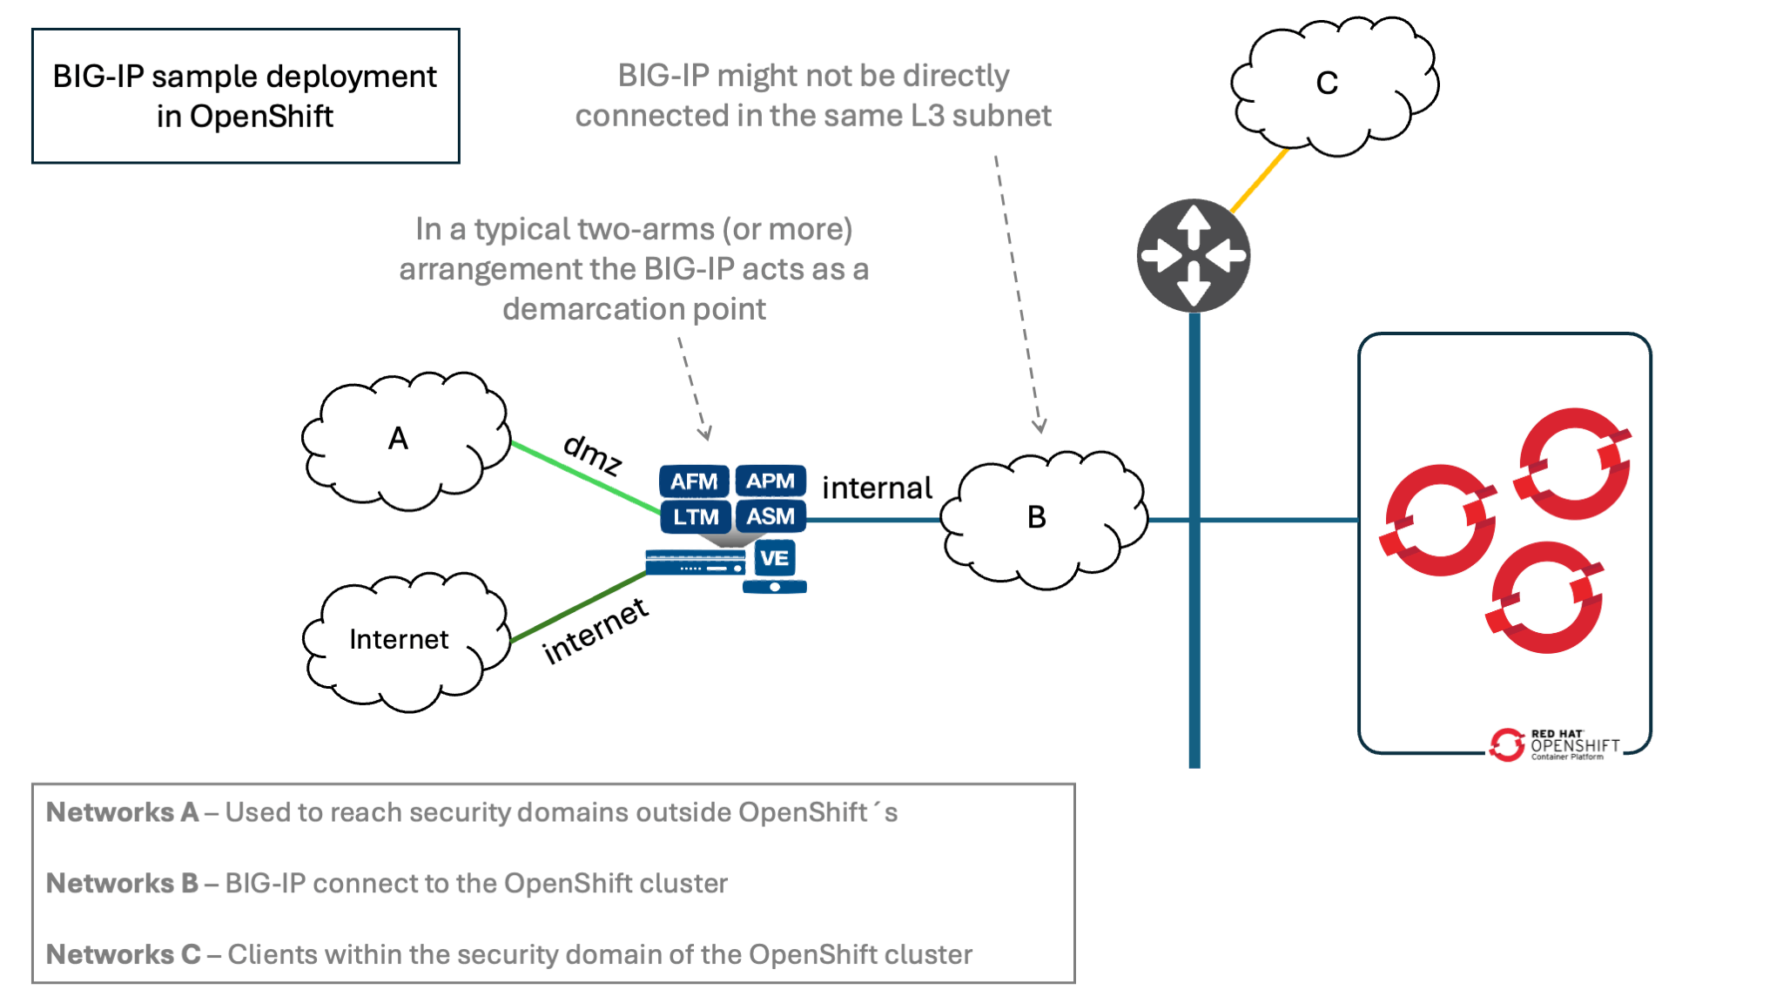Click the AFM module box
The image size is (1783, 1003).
pos(694,481)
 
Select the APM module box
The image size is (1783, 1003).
pos(770,481)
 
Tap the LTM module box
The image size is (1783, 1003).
pos(695,516)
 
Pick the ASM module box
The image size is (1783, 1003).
pos(770,516)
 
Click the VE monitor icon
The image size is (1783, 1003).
pos(774,564)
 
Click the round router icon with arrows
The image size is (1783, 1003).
pos(1194,256)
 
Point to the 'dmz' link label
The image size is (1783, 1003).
pos(593,454)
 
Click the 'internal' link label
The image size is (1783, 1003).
pos(877,488)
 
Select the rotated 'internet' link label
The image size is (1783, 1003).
pos(595,631)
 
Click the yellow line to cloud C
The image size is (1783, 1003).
pos(1260,180)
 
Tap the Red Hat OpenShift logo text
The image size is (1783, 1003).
pos(1574,744)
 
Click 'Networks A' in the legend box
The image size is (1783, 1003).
pos(122,812)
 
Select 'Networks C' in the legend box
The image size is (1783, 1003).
pos(123,954)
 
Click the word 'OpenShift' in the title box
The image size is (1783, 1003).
pos(261,117)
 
